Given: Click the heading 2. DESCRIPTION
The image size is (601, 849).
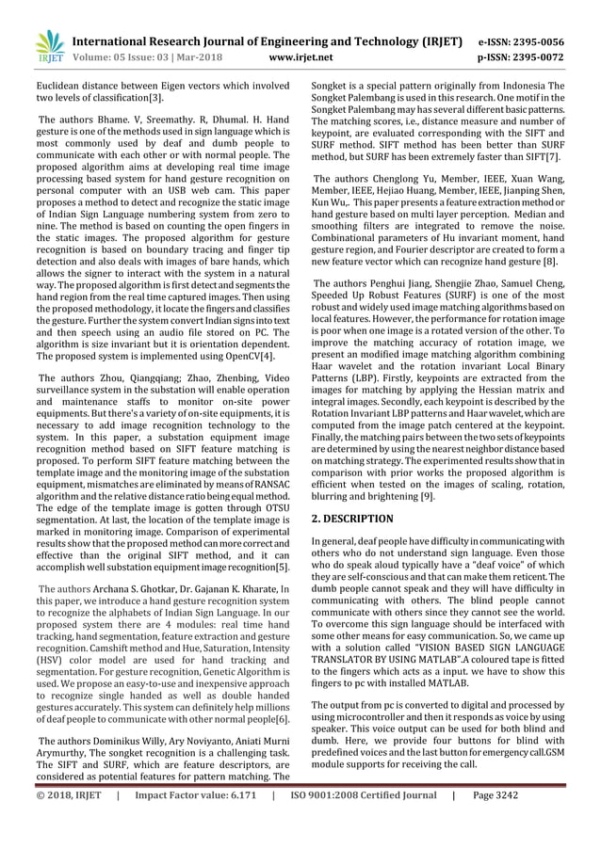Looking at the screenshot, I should (352, 519).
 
